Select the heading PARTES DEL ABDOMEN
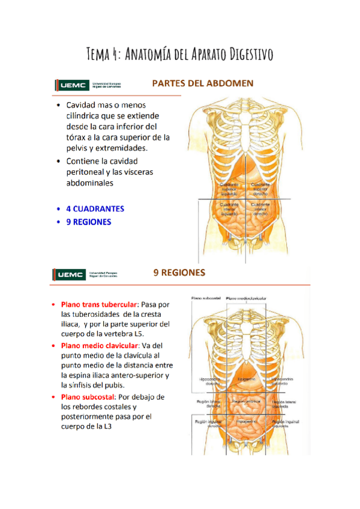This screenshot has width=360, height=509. [202, 83]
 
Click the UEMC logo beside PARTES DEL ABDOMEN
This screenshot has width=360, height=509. [71, 85]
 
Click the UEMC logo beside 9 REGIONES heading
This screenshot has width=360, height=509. [71, 275]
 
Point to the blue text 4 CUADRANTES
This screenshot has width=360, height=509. [95, 209]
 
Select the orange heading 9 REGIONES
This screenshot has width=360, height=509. [179, 273]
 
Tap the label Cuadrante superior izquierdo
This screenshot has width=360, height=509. [229, 189]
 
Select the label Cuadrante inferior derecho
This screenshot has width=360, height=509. [260, 208]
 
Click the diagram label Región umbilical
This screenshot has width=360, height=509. [247, 400]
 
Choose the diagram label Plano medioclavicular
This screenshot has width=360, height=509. [246, 298]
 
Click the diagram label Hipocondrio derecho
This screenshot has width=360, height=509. [211, 382]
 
